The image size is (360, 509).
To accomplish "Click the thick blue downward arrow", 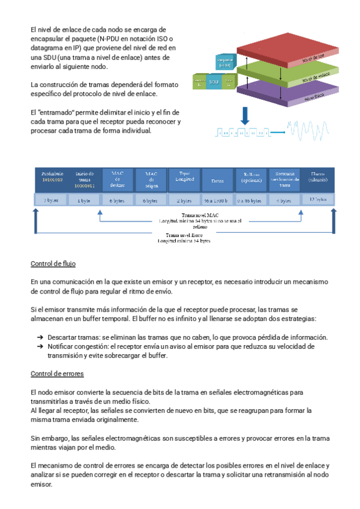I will click(245, 115).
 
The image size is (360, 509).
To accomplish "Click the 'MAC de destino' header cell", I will click(117, 178).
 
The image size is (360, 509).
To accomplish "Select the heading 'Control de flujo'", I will click(53, 264).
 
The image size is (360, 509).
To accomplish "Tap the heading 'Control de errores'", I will click(57, 374).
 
